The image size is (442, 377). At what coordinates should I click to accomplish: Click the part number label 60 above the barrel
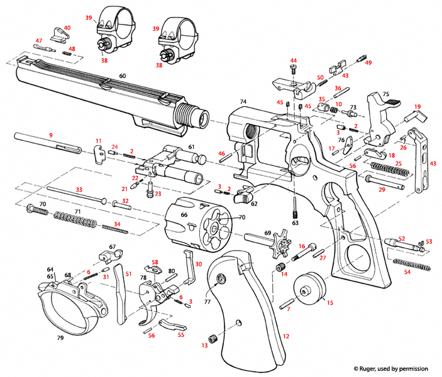point(122,76)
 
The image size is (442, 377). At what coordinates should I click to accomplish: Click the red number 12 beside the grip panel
point(286,337)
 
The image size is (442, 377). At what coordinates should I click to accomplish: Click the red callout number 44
point(293,61)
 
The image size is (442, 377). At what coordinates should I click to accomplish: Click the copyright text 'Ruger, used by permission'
point(390,368)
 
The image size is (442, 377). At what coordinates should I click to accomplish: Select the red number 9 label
point(51,134)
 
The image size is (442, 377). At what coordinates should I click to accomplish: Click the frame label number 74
point(243,101)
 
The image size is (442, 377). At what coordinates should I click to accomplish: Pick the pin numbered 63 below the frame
point(295,209)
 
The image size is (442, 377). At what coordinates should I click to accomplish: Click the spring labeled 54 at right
point(412,265)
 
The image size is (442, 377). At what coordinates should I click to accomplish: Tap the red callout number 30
point(199,264)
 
